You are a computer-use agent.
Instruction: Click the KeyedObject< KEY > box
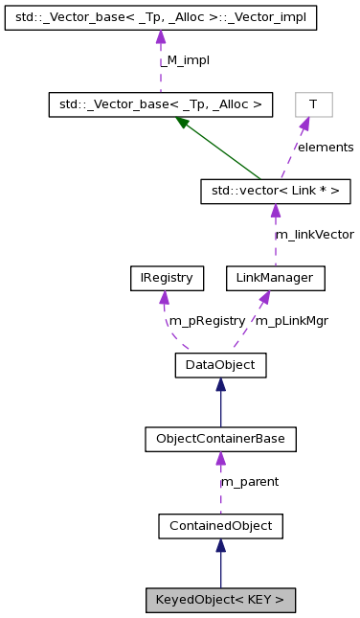220,601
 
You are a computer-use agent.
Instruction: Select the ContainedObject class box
220,525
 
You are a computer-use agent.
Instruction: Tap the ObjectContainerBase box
220,440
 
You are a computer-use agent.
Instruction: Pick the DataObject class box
220,364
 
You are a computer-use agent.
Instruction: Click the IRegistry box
162,279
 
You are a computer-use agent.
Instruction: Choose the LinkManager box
275,279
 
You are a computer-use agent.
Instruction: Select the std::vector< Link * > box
275,192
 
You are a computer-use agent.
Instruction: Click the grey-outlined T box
313,103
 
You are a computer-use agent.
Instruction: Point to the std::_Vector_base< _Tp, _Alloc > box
161,103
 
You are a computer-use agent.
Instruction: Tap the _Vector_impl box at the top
161,18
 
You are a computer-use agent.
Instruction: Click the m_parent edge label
249,482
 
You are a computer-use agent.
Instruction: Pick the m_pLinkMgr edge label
291,321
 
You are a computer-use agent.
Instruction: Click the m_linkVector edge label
314,235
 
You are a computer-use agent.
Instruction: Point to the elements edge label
325,148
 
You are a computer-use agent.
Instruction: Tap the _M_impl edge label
186,60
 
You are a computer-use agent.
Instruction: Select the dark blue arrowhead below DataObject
220,384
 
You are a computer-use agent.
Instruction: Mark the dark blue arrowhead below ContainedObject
220,545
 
